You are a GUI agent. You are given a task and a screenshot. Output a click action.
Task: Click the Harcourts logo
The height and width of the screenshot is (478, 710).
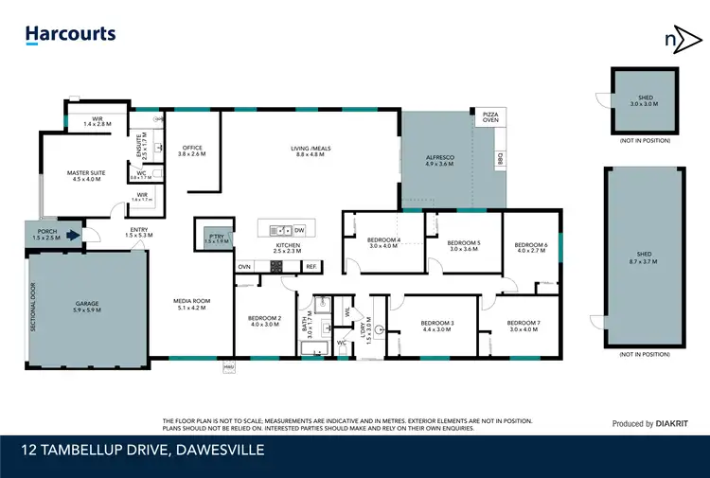coord(70,35)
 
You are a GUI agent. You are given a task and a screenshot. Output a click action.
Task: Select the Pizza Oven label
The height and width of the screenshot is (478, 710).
coord(490,116)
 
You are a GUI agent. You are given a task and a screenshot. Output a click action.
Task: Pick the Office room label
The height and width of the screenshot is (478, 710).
coord(192,150)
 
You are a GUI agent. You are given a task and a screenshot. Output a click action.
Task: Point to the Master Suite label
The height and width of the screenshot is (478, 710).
coord(85,176)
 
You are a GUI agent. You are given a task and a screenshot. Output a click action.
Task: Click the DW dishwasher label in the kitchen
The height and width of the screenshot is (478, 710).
coord(298,230)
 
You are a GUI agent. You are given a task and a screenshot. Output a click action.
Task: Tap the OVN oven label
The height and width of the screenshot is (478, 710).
coord(244,268)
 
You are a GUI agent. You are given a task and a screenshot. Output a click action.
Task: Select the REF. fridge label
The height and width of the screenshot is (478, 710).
coord(310,268)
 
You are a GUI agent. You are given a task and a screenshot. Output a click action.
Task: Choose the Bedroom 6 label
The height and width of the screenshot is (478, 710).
coord(532,248)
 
